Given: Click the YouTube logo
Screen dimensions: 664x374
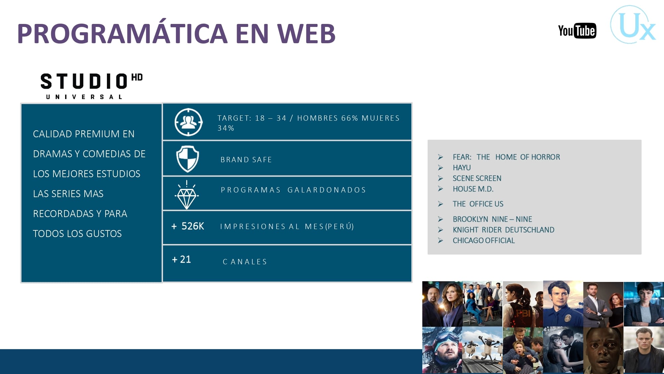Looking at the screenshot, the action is [577, 31].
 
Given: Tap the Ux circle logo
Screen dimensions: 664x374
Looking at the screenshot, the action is [632, 25].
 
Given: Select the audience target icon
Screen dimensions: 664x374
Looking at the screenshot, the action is [189, 122].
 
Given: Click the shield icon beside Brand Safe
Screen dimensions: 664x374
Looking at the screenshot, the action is [188, 159].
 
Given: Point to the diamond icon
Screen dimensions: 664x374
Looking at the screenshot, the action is [187, 195].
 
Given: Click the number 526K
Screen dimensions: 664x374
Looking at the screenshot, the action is [193, 226].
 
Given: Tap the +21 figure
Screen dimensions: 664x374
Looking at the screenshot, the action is [181, 259].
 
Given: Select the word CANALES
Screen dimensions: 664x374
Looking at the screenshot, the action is [245, 262].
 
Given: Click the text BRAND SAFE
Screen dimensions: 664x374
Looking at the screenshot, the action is [246, 160].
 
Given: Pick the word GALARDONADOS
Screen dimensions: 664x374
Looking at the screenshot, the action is [327, 190].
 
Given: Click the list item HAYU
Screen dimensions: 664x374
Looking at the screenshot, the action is [462, 168].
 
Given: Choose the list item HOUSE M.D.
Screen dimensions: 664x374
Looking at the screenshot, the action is [473, 189].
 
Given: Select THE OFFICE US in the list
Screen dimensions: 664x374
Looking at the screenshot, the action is [478, 204].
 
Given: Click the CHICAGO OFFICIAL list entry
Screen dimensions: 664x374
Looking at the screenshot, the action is [484, 240].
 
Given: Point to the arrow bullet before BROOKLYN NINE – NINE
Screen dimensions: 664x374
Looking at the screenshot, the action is [441, 219].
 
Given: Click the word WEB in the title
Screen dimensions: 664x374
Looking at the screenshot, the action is [306, 34].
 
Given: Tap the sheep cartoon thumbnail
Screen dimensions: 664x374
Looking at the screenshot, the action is [482, 350].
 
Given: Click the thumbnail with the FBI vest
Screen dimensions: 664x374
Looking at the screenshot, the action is [523, 304].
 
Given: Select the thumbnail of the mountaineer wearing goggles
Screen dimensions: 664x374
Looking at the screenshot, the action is [442, 350].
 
